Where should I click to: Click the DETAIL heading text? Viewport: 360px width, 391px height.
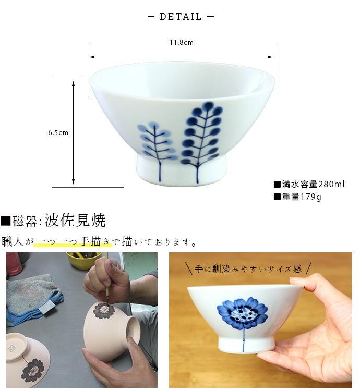click(181, 17)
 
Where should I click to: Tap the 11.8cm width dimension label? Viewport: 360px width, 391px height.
click(181, 43)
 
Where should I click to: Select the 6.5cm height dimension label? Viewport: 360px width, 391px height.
click(58, 132)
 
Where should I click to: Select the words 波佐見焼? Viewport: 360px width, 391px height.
click(75, 221)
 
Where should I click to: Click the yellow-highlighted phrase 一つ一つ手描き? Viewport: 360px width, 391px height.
click(73, 242)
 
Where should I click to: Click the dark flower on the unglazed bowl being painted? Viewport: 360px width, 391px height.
click(104, 311)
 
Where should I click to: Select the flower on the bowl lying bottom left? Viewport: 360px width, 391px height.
click(33, 368)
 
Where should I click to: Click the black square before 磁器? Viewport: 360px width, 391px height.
click(6, 221)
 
